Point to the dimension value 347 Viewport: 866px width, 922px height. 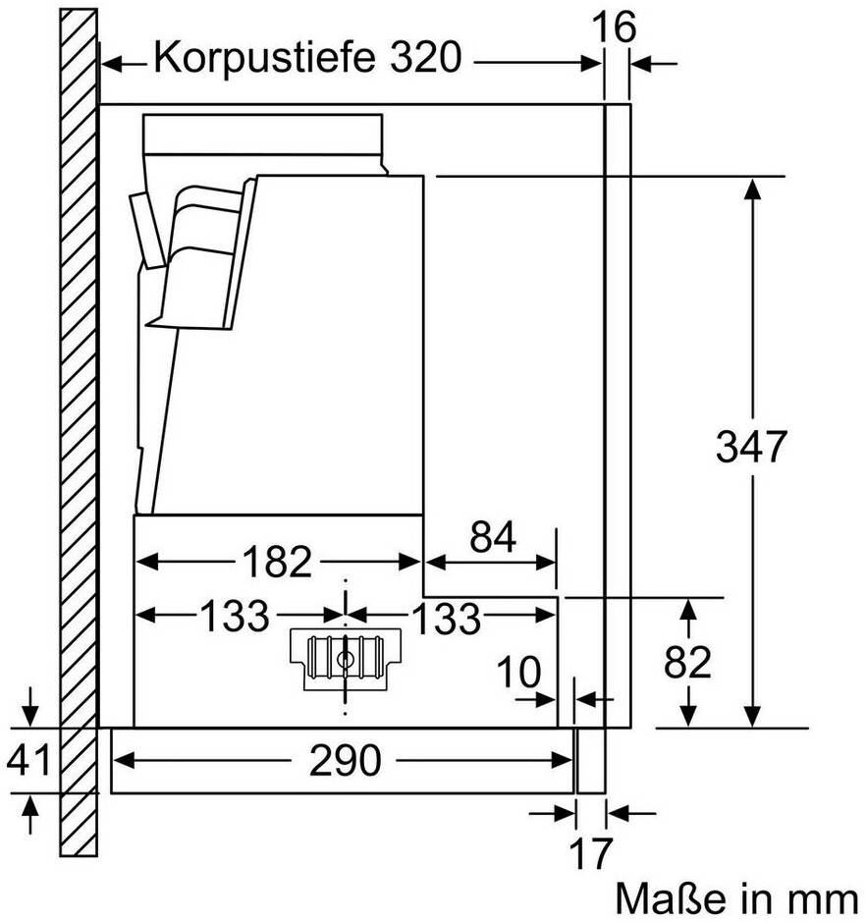click(751, 448)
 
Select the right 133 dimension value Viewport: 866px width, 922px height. click(446, 619)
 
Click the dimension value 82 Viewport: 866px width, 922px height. click(686, 664)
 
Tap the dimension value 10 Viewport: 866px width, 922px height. click(517, 674)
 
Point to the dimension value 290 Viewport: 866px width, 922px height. click(344, 760)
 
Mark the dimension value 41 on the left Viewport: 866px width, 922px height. click(29, 760)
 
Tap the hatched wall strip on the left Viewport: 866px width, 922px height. click(78, 442)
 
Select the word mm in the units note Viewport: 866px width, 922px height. click(826, 897)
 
